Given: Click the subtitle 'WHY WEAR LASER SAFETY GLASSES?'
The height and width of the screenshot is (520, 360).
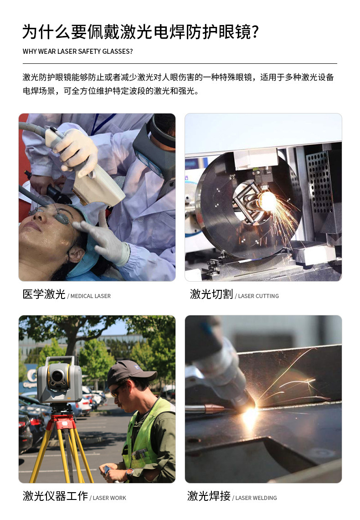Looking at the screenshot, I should point(77,51).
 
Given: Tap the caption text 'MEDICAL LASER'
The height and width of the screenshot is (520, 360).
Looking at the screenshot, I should point(90,296).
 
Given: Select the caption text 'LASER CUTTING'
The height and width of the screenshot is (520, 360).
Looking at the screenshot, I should point(258,296).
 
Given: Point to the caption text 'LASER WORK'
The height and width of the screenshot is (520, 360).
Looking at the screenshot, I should point(109,498).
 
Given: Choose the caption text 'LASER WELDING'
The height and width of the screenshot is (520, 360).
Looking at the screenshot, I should point(256,498).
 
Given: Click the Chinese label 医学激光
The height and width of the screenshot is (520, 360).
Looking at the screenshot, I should point(44,294).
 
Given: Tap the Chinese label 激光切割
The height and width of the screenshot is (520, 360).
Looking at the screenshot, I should point(211,294).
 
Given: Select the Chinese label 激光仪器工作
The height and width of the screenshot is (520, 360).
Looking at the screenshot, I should point(55,496).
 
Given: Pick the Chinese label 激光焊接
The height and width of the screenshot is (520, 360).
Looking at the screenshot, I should point(209,496).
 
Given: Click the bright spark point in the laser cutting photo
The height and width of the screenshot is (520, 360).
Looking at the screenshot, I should point(267,201).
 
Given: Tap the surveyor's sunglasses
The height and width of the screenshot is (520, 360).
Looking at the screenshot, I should point(118,390).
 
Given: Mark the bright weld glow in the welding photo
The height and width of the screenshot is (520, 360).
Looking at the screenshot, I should point(250,415).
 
